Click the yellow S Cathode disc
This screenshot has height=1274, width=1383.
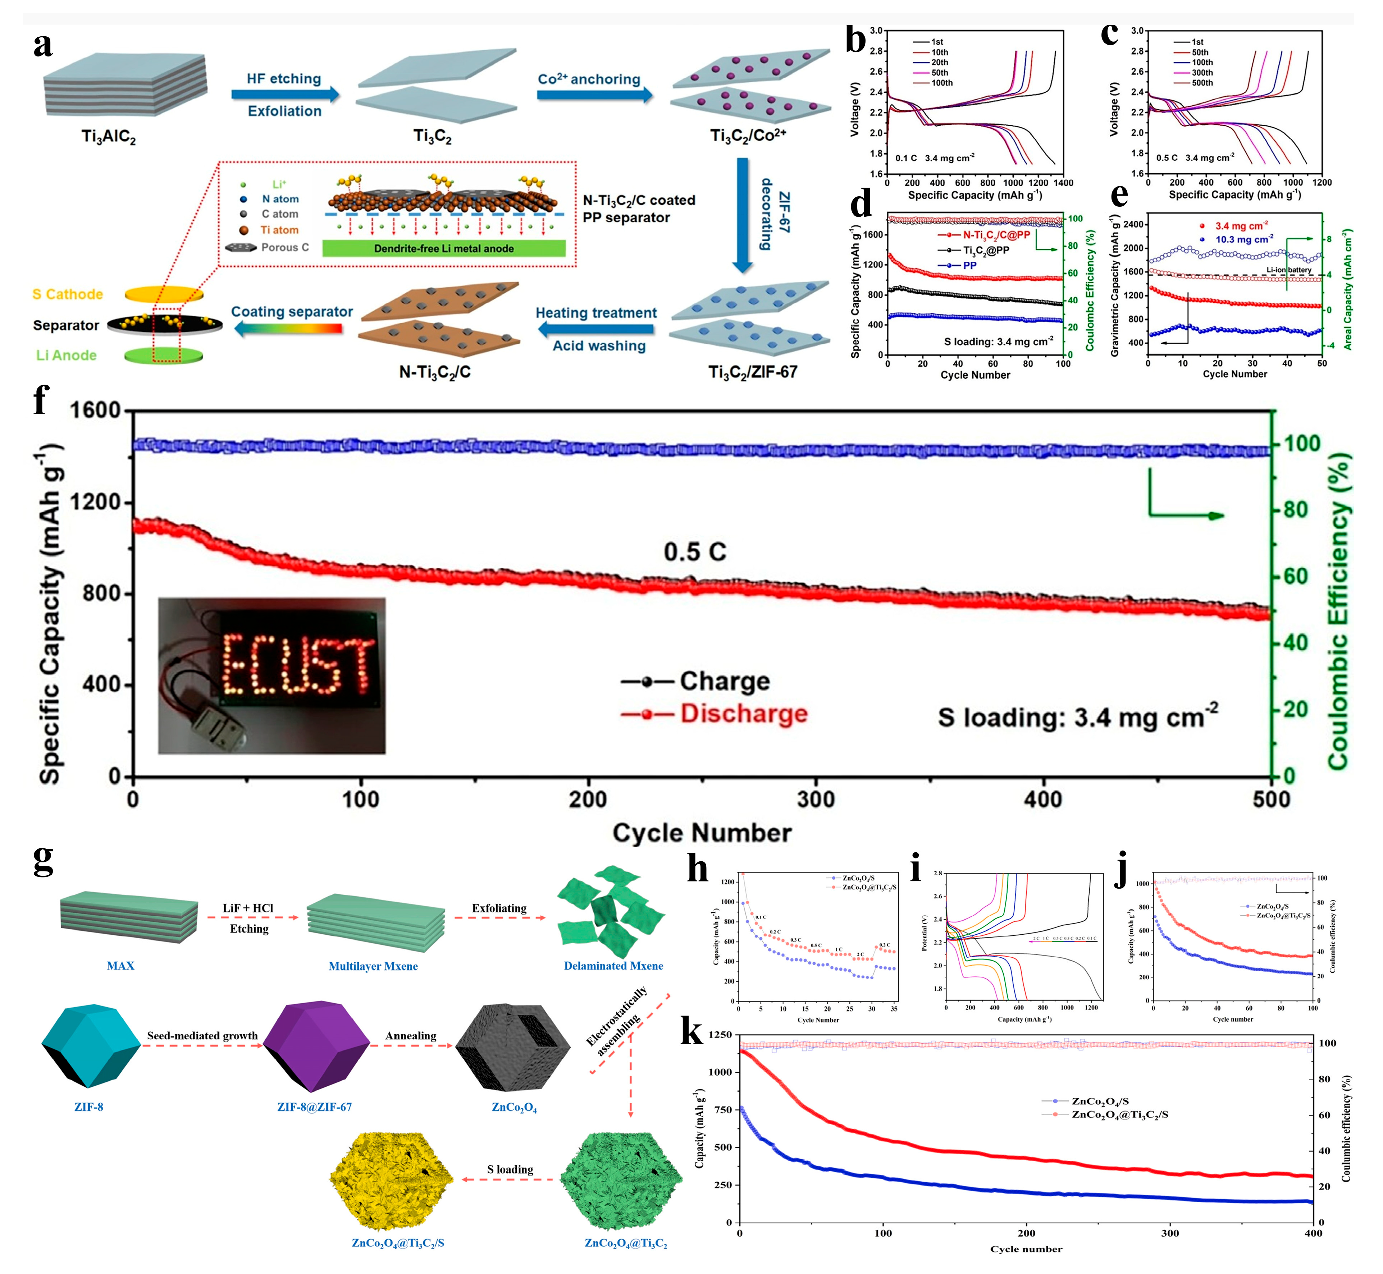coord(164,294)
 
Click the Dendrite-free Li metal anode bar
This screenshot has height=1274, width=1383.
coord(443,248)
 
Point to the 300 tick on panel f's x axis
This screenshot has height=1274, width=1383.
coord(816,800)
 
